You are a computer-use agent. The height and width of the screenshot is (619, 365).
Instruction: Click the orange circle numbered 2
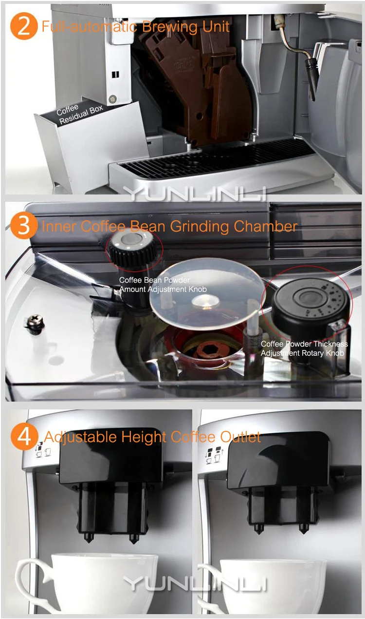tap(24, 26)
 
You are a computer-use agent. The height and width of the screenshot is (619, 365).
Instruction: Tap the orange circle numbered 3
tap(24, 226)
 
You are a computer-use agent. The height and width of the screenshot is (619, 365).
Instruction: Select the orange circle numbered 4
tap(24, 437)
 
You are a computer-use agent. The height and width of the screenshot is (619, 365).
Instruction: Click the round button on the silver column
tap(112, 99)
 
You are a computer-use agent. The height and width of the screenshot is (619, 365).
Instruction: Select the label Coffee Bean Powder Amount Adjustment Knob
tap(163, 285)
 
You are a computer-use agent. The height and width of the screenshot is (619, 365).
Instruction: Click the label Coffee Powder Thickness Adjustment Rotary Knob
tap(304, 348)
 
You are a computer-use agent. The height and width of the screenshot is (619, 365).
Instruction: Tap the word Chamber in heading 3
tap(265, 226)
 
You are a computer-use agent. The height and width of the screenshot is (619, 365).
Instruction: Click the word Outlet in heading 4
tap(240, 437)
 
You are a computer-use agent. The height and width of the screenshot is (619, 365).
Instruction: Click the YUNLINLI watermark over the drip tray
tap(195, 193)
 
